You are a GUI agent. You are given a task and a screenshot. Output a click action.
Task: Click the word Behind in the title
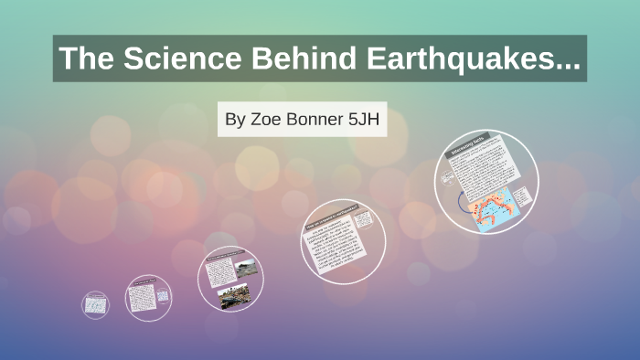point(294,59)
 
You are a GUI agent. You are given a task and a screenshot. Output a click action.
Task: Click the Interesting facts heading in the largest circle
point(472,145)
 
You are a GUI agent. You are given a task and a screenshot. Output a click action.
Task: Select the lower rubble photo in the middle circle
point(234,296)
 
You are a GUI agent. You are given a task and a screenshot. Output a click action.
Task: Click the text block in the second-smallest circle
point(144,297)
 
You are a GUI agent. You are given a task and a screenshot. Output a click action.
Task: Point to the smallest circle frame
point(94,305)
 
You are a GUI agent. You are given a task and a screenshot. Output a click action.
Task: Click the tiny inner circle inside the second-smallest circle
point(162,295)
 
